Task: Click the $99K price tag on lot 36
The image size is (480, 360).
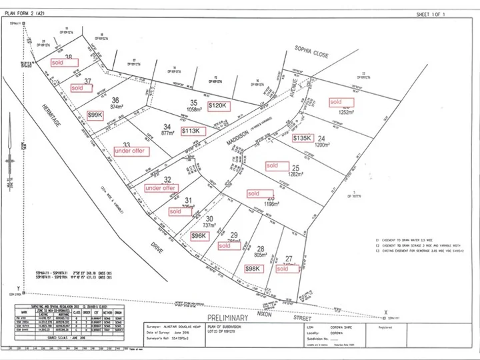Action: [x=95, y=115]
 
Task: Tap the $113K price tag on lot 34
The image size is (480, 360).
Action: [x=191, y=131]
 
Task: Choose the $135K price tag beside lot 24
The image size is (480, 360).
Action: [x=303, y=138]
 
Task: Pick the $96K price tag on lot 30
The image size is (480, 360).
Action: [x=199, y=236]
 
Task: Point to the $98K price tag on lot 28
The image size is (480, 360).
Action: [x=253, y=269]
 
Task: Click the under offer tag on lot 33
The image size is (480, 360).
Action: [x=131, y=151]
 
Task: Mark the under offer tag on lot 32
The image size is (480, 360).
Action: [x=161, y=189]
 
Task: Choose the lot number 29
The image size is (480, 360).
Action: [x=233, y=235]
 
